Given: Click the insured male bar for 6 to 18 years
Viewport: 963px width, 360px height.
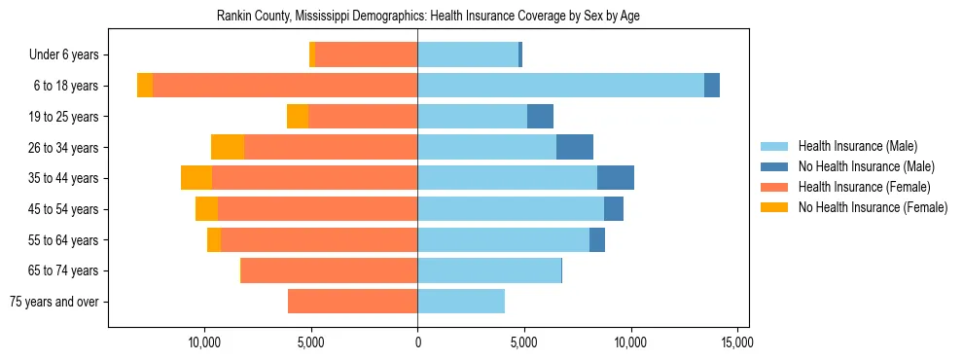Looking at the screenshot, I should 560,86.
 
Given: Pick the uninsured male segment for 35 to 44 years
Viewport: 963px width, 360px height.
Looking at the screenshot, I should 616,178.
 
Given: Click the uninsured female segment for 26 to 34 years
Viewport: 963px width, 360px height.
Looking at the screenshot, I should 228,147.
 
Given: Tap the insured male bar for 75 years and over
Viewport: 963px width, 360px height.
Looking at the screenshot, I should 461,302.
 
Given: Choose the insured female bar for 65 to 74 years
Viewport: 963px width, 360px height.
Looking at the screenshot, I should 330,270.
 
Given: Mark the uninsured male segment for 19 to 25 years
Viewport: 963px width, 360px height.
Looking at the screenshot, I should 540,117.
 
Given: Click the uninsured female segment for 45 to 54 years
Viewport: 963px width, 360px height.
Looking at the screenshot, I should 206,209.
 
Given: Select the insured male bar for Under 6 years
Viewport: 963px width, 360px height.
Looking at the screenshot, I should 468,55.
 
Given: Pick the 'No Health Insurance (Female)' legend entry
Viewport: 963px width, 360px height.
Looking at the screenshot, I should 872,207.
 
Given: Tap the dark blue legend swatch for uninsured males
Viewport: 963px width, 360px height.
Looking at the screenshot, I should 774,166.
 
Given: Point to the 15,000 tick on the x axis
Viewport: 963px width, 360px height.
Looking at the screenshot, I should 736,342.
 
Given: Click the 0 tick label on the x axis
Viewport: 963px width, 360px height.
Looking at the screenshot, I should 417,342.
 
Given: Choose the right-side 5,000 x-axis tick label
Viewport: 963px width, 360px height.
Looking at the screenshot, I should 523,342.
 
